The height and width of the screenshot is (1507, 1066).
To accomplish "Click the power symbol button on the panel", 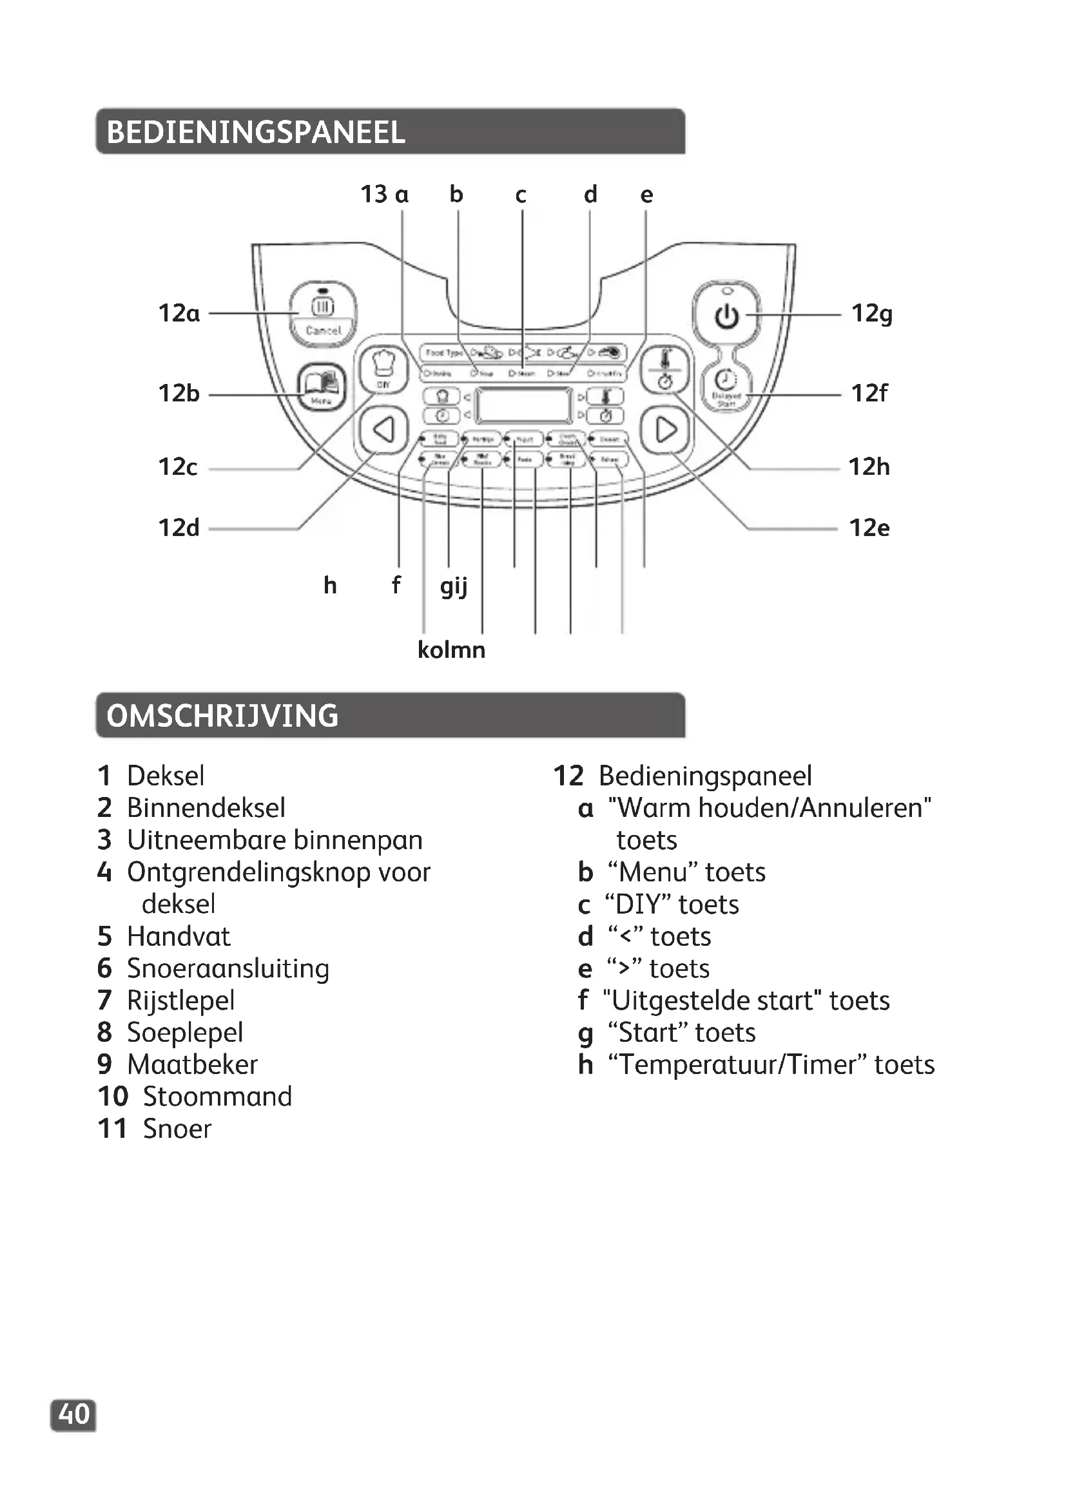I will [726, 316].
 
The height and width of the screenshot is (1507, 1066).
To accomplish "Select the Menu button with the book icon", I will [322, 387].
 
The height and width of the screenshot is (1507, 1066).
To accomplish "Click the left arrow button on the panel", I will [383, 430].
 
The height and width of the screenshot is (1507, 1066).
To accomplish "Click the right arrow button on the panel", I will [666, 430].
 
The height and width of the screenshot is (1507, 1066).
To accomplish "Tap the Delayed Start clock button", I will [725, 387].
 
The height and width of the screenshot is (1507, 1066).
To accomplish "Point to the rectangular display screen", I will [524, 406].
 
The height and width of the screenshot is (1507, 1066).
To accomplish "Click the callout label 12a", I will [179, 314].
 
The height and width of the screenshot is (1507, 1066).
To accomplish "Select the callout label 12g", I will [872, 314].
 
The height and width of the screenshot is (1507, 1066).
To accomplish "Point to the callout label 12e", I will [869, 528].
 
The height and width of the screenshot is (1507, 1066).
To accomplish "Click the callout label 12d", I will [179, 528].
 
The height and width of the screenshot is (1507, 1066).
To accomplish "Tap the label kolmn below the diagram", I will [452, 650].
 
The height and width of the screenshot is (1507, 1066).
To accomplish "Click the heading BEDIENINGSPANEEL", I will [256, 132].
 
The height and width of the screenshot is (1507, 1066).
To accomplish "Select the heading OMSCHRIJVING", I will [222, 715].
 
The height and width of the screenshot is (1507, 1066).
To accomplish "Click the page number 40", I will [73, 1414].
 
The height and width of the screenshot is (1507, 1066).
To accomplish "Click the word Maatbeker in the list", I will [192, 1064].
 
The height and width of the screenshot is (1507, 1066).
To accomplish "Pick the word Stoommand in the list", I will [217, 1097].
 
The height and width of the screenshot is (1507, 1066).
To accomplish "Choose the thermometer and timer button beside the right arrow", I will [666, 371].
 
